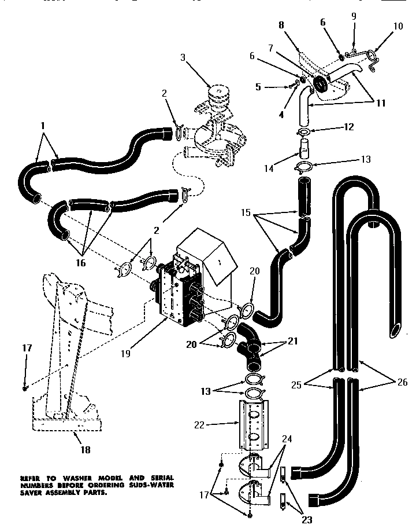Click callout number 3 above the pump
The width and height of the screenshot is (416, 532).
183,57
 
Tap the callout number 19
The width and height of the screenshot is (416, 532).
126,351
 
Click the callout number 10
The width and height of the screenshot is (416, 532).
399,26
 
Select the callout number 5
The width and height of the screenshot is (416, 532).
258,87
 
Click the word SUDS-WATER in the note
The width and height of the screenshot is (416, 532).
151,484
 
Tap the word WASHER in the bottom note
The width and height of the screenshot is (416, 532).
70,477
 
